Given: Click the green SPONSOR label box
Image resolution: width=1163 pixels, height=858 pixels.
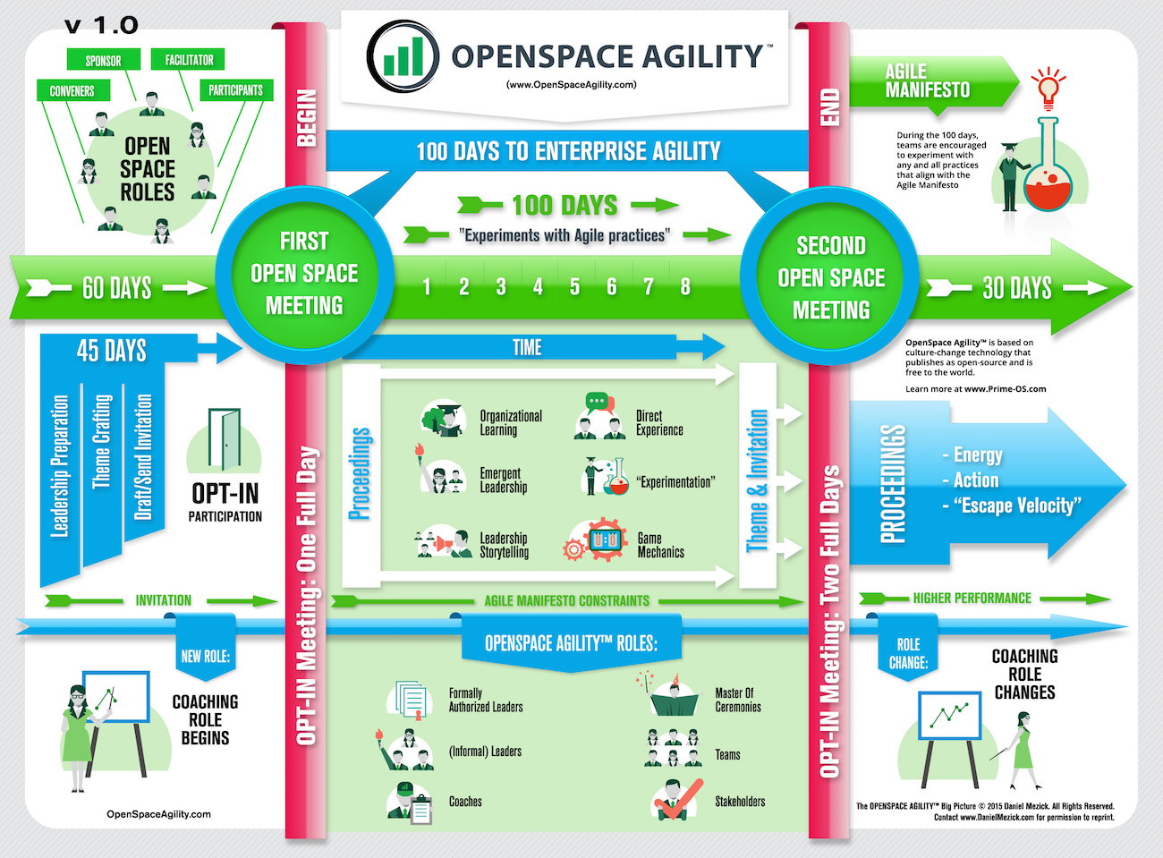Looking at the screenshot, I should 103,60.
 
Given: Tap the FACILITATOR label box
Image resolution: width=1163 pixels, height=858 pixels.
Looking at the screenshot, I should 189,59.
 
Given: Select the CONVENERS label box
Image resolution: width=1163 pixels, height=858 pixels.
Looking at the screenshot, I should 72,90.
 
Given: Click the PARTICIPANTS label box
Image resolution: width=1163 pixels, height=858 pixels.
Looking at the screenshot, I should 235,90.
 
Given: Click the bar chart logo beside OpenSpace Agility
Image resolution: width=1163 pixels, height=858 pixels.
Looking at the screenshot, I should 403,55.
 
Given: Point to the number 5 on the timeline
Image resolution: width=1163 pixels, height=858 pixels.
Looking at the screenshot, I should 574,287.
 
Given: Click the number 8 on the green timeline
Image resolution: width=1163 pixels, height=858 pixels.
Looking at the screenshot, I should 685,287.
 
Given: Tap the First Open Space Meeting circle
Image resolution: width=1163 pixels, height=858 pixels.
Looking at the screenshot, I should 304,273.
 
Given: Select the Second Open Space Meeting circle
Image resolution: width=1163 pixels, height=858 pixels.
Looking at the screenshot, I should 831,277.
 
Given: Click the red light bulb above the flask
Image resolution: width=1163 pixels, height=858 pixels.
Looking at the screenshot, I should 1048,87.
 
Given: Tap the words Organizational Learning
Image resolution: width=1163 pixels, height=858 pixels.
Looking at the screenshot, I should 510,422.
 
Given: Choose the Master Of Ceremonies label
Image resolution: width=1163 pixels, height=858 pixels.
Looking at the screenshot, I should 738,700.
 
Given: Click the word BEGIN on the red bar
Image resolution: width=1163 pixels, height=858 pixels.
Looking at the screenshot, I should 306,117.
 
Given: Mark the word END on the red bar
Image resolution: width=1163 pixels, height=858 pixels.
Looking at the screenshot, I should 829,107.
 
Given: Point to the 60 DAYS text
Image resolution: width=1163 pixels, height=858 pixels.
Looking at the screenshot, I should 116,288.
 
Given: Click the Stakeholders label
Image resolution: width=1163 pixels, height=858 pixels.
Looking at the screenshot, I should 740,802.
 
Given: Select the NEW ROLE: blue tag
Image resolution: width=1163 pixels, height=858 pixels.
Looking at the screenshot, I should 205,656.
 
